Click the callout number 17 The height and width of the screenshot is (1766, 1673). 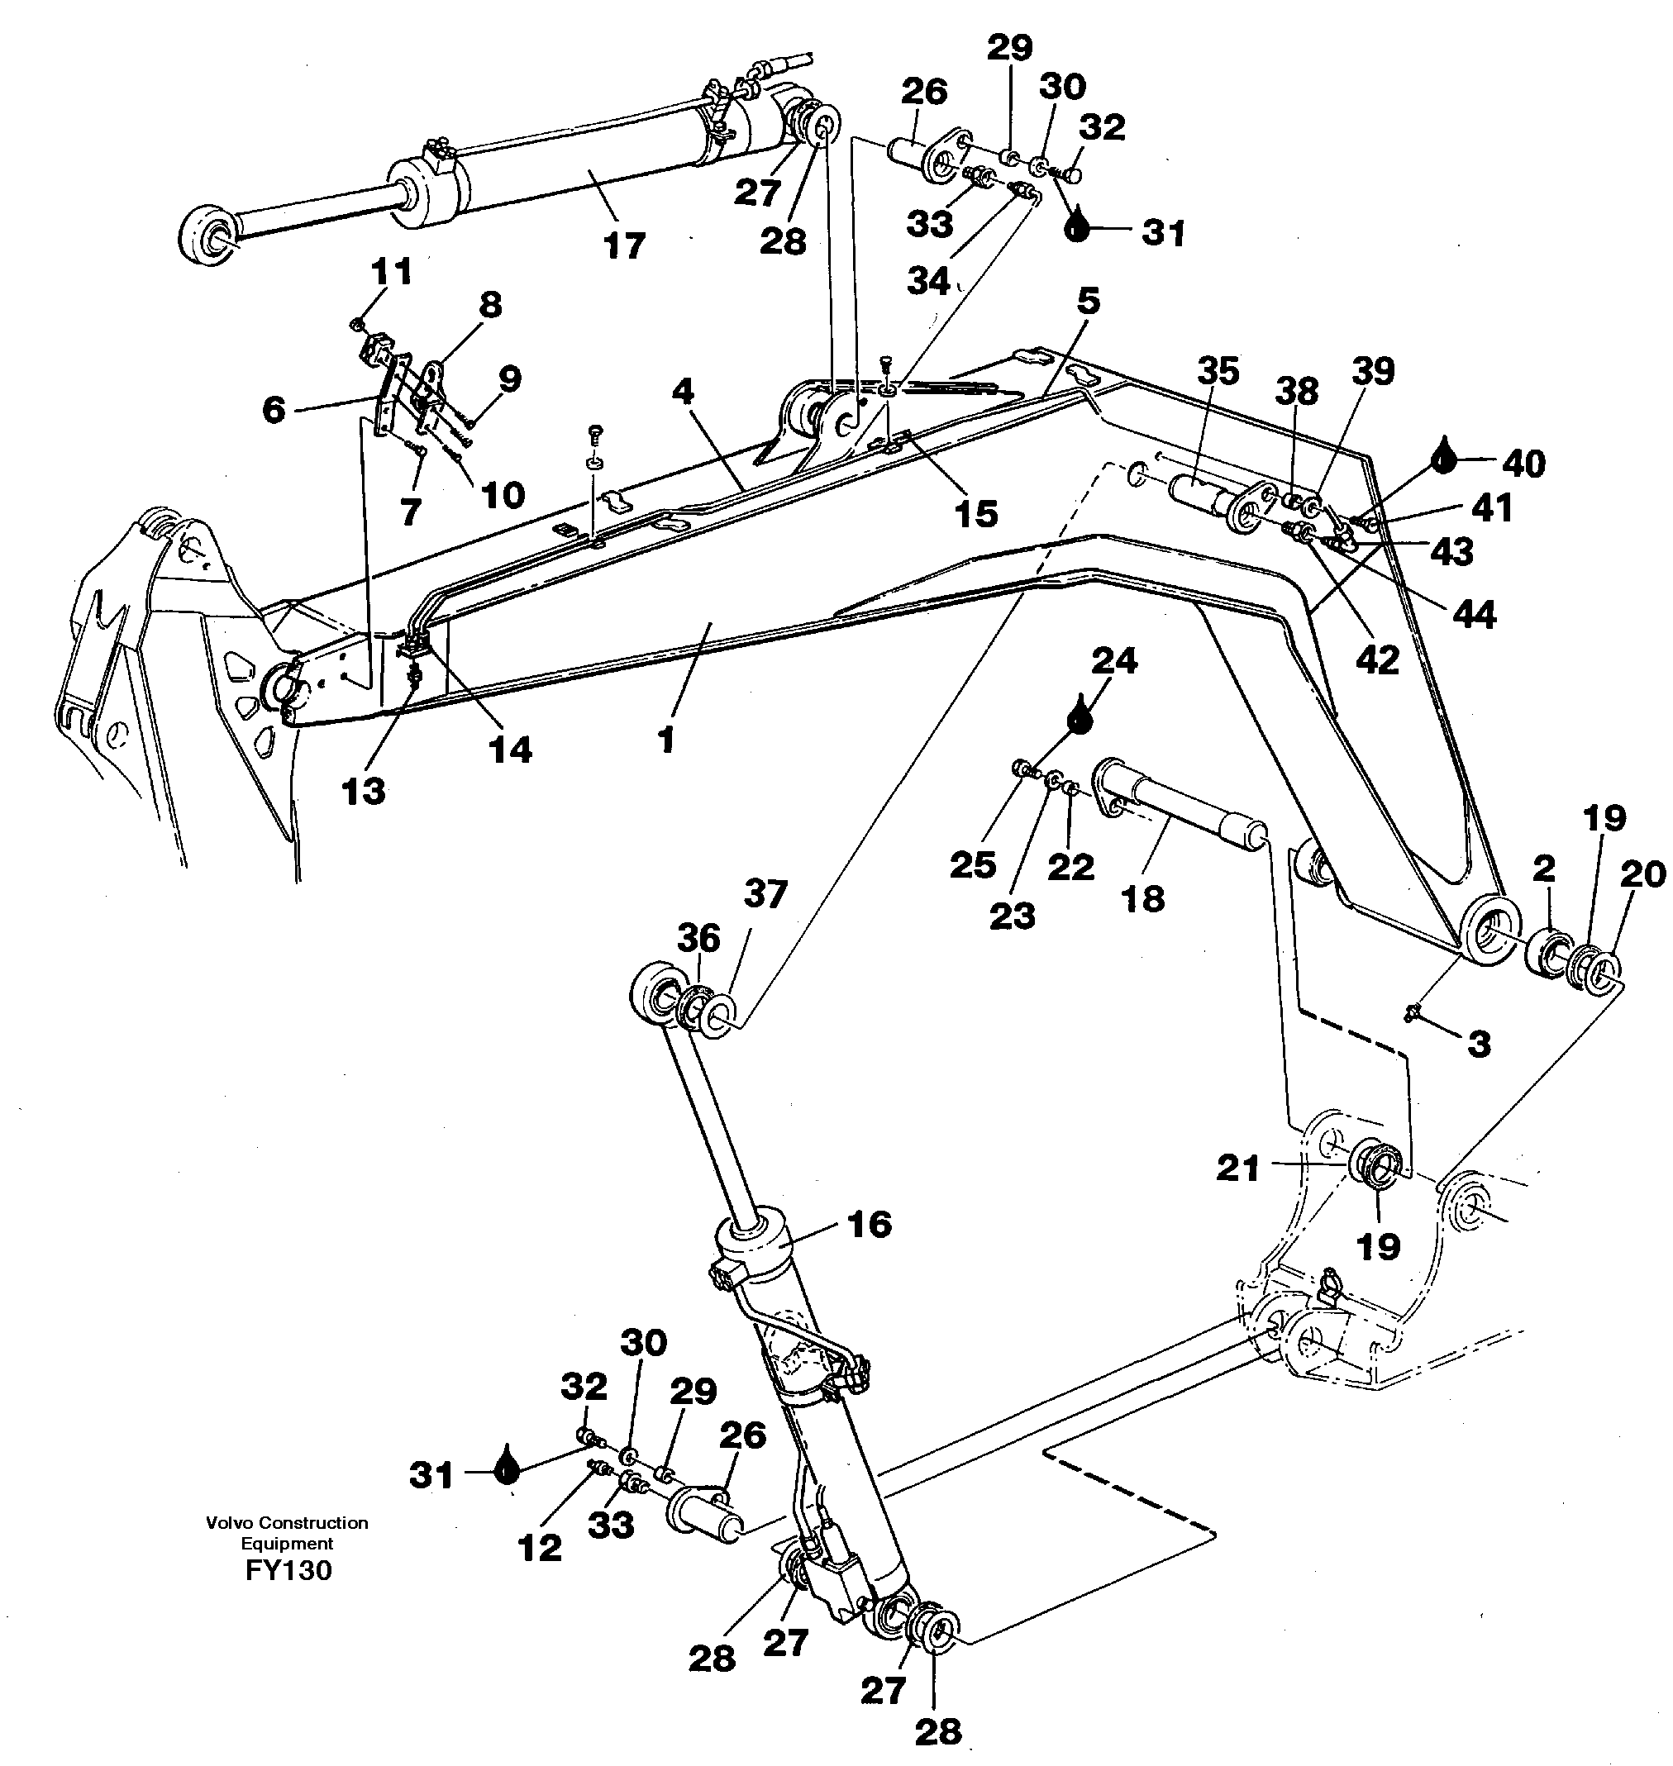tap(623, 245)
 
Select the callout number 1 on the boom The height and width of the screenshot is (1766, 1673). tap(665, 739)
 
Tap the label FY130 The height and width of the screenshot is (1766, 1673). tap(288, 1570)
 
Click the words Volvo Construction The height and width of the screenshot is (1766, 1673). tap(287, 1523)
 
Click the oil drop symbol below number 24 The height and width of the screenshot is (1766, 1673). tap(1080, 716)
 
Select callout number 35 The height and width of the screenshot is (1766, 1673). tap(1218, 371)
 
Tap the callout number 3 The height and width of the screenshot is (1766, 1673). tap(1479, 1043)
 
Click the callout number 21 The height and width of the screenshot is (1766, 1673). tap(1238, 1167)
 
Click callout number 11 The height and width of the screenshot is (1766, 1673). tap(391, 271)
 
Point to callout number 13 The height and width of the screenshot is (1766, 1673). tap(363, 791)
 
